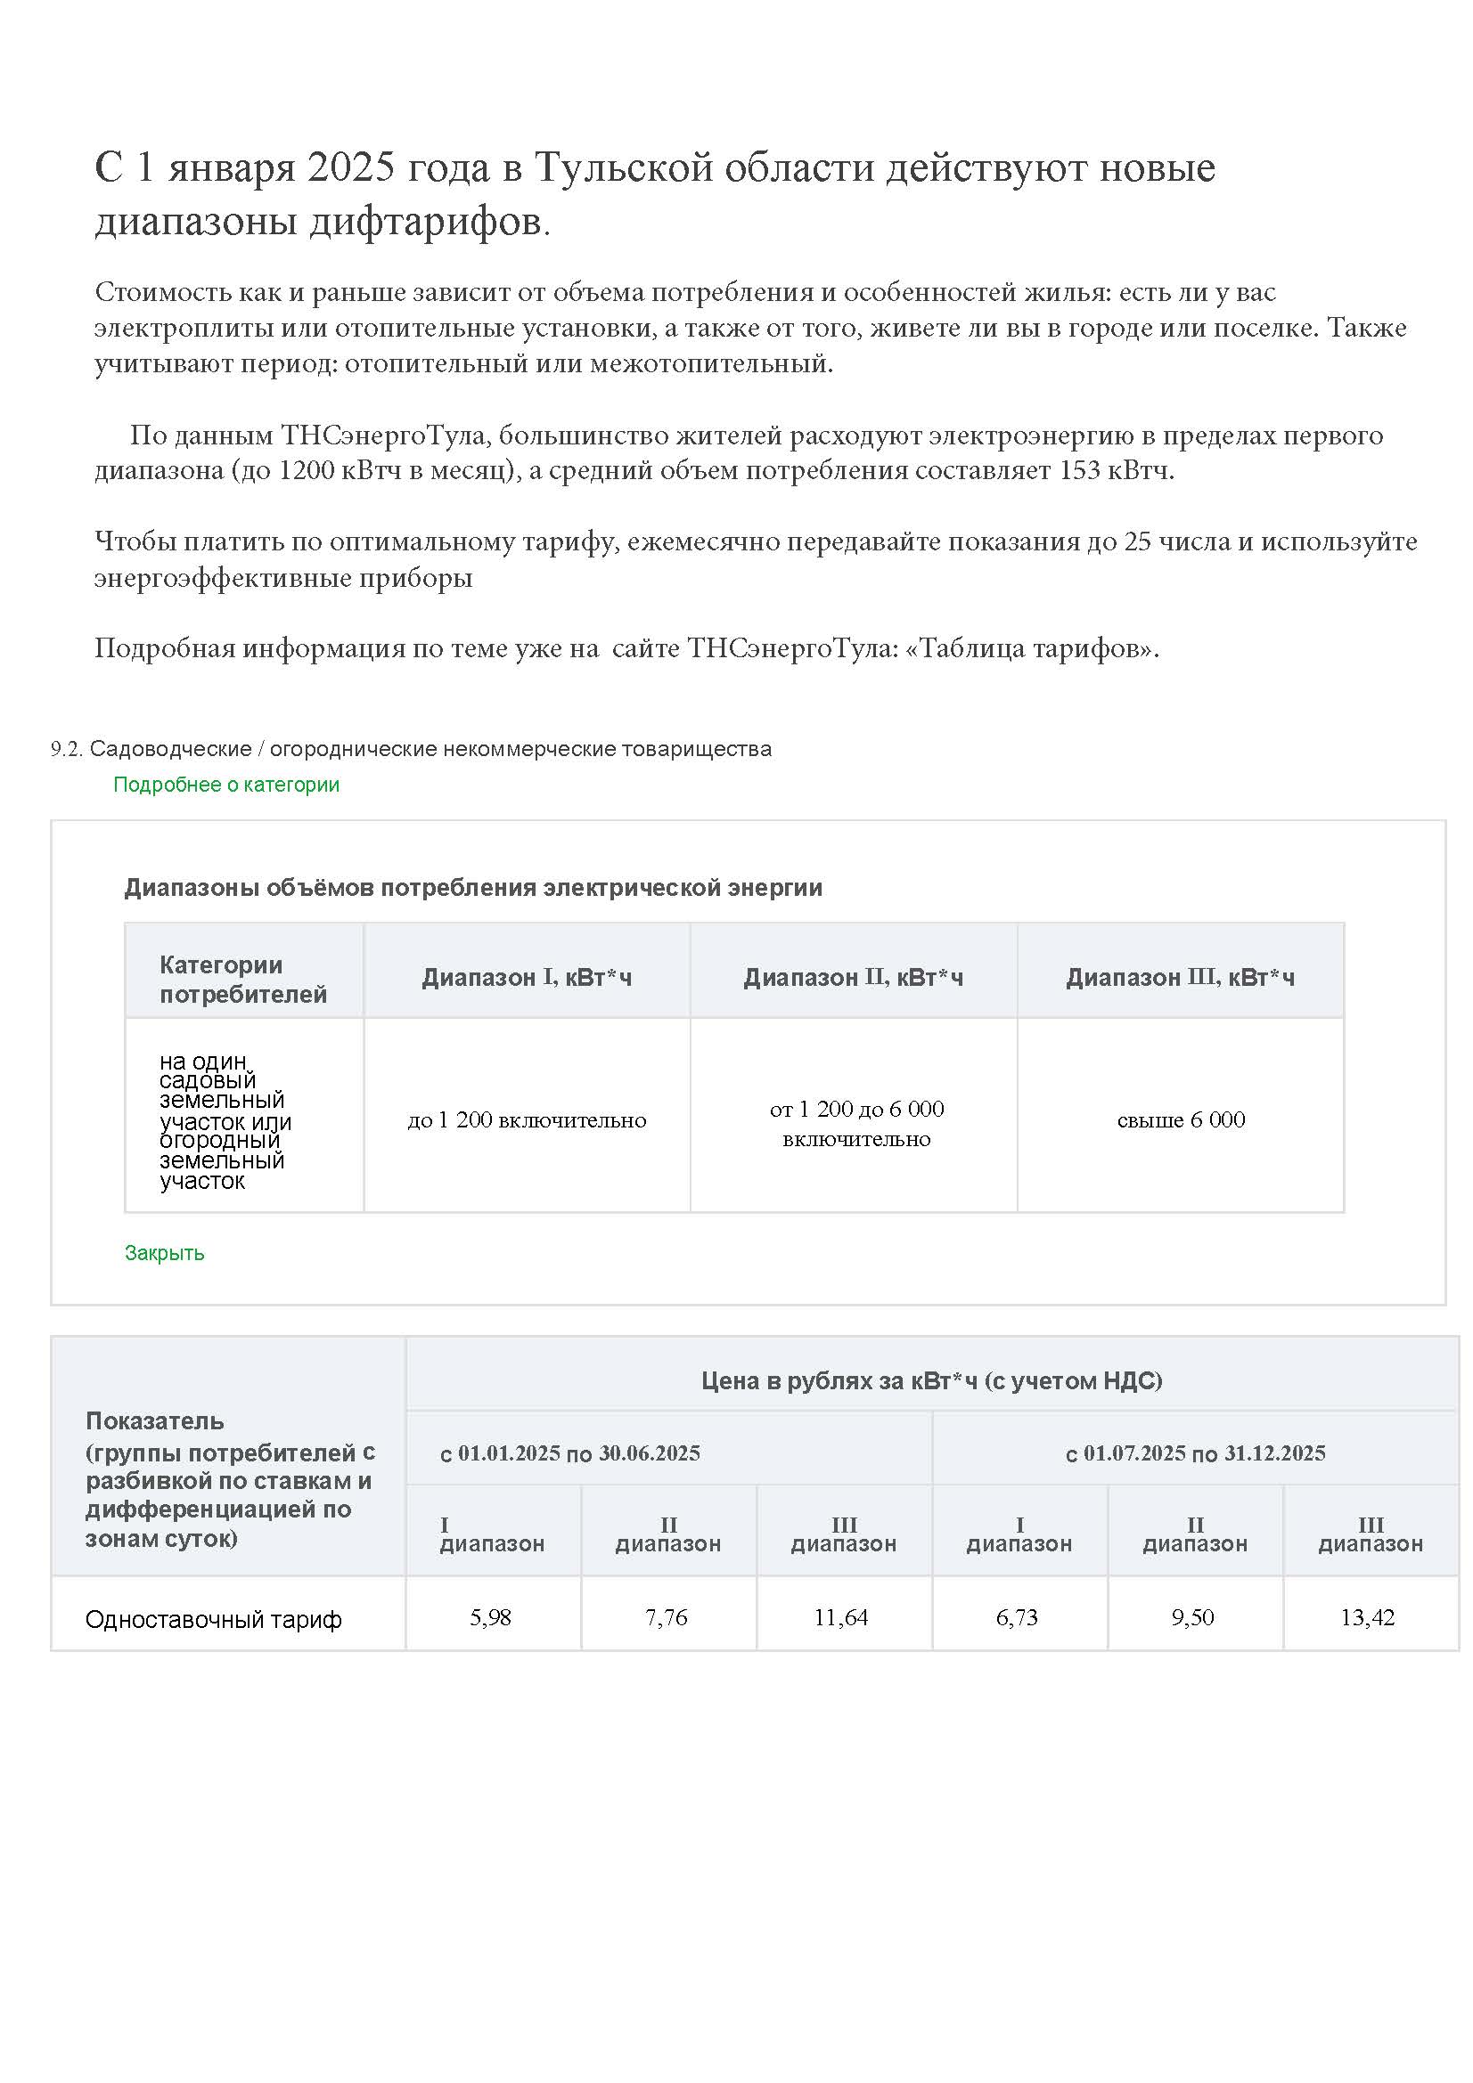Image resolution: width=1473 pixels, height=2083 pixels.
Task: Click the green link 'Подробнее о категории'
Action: click(x=226, y=785)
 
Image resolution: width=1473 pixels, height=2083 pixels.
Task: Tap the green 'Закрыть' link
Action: click(x=164, y=1253)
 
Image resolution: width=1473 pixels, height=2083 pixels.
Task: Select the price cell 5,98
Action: click(x=490, y=1617)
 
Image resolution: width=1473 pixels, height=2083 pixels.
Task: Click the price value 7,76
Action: click(x=667, y=1617)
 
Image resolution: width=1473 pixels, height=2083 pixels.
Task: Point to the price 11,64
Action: click(x=840, y=1617)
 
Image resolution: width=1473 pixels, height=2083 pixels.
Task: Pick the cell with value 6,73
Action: click(x=1017, y=1617)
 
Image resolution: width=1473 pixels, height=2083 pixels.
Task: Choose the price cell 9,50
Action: click(x=1192, y=1617)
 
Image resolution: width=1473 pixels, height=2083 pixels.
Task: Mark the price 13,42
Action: click(x=1368, y=1617)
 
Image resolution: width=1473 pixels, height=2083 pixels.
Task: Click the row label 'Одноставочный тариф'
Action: click(x=213, y=1619)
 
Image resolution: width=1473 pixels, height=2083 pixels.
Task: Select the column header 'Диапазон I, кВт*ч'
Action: click(x=527, y=977)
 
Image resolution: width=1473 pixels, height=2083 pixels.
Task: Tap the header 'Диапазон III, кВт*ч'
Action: click(x=1180, y=977)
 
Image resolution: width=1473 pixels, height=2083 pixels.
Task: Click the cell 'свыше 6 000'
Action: click(x=1181, y=1120)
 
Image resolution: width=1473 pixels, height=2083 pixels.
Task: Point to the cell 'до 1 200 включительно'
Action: click(x=527, y=1120)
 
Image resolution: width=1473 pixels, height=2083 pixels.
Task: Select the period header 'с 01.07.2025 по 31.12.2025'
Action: click(x=1195, y=1453)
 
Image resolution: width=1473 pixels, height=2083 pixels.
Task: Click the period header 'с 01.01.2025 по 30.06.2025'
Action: click(x=570, y=1453)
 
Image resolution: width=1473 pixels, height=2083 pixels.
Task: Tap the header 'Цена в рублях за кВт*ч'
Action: click(x=931, y=1381)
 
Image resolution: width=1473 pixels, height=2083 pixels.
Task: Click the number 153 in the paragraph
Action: click(x=1080, y=471)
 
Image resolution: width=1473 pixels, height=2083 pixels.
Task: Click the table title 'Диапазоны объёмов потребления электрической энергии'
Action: click(x=473, y=887)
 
